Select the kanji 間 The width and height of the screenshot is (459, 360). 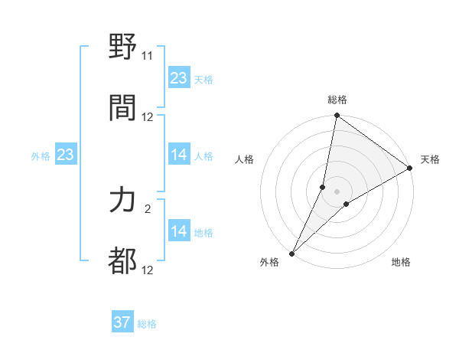click(123, 106)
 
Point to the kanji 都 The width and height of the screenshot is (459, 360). click(123, 260)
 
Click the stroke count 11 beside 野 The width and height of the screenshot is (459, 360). click(148, 56)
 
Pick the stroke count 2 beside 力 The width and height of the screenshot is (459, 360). click(148, 209)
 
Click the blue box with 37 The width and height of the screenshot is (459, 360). click(122, 322)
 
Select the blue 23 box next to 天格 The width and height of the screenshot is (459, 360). click(179, 78)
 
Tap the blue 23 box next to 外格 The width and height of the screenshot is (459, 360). click(66, 155)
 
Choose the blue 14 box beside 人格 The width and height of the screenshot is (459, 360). click(179, 155)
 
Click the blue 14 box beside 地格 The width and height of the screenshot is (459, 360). click(179, 231)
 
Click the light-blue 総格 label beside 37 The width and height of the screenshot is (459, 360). click(147, 324)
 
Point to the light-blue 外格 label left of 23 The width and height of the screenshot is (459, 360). click(41, 156)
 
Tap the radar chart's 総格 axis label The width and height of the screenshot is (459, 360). click(337, 100)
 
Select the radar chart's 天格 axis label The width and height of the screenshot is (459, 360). click(430, 159)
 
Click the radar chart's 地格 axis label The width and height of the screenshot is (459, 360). click(401, 263)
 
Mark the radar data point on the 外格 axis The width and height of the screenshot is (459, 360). click(292, 253)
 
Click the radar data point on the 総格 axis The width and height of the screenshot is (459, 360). click(337, 116)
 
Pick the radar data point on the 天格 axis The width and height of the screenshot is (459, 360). click(409, 169)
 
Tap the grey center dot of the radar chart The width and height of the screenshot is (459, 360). click(337, 191)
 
